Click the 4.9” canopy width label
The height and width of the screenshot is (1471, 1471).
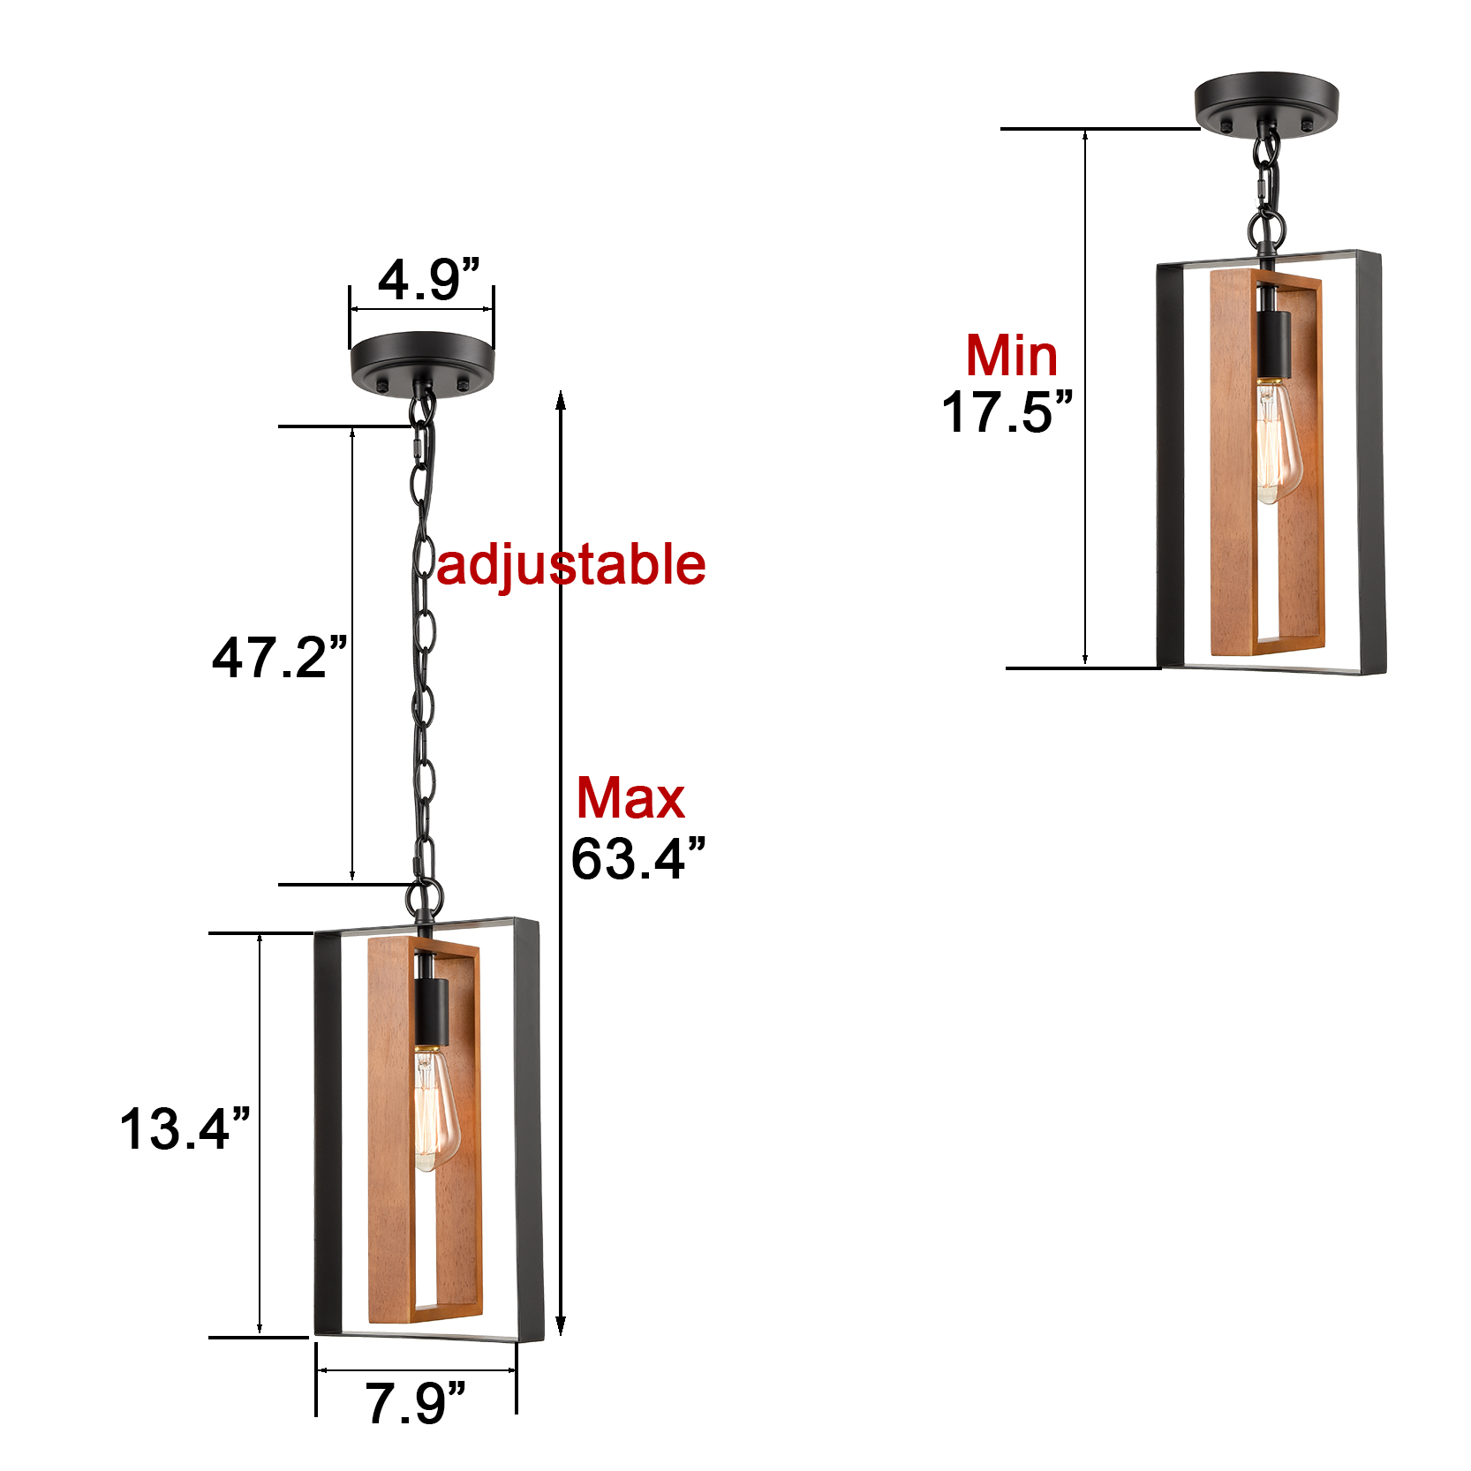click(429, 280)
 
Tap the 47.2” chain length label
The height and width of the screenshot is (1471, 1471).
click(280, 657)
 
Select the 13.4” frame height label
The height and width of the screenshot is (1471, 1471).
click(185, 1128)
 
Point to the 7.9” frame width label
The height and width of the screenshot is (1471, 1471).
click(415, 1403)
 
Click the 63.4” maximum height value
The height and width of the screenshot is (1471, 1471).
click(638, 858)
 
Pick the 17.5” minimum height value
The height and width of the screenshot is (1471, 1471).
click(1007, 411)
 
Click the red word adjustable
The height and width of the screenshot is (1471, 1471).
click(571, 565)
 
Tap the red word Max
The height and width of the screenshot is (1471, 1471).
click(630, 798)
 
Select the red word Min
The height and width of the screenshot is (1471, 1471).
click(1012, 356)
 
